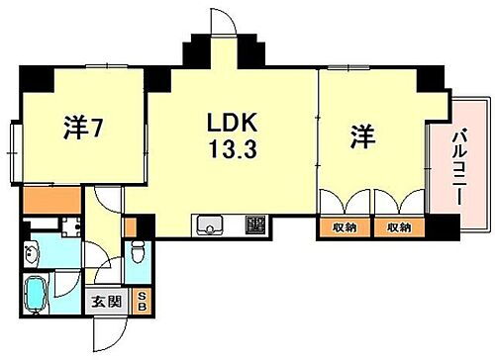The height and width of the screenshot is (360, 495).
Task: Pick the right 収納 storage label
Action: coord(398,227)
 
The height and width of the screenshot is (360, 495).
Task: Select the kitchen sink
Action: coord(212,226)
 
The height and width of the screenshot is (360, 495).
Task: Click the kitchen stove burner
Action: coord(255,225)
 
